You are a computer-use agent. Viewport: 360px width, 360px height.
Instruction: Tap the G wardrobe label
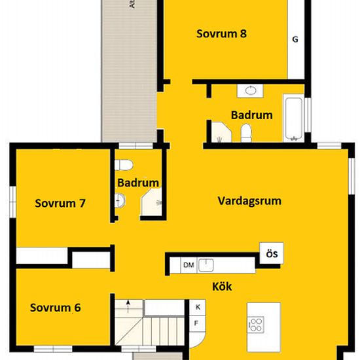coord(295,39)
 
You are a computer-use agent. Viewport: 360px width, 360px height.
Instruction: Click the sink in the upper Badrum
coord(252,91)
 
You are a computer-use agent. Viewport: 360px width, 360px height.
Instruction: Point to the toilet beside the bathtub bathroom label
coord(246,134)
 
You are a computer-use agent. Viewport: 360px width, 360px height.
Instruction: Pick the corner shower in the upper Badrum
coord(218,134)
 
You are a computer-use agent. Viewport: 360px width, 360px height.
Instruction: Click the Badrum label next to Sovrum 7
coord(138,183)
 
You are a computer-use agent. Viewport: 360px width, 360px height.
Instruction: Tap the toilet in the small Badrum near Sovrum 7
coord(124,164)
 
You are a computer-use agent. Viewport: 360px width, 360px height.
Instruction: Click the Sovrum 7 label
coord(60,203)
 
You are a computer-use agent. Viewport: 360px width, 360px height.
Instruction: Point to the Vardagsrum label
coord(249,201)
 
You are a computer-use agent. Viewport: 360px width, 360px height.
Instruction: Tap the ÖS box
coord(270,254)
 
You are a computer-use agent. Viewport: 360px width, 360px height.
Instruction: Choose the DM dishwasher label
coord(189,264)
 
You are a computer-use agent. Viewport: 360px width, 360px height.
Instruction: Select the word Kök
coord(222,286)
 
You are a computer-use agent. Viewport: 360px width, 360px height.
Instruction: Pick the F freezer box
coord(196,323)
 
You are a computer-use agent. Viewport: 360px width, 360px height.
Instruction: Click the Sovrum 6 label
coord(55,307)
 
